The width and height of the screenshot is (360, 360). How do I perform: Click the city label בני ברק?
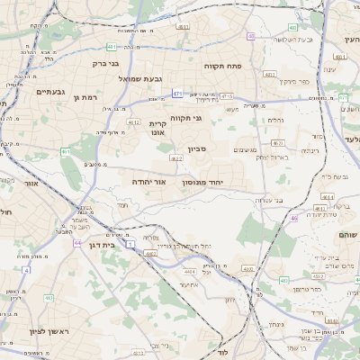coord(105,64)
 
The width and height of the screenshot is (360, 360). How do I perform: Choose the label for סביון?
coord(198,149)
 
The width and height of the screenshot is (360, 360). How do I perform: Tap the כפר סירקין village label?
coord(292,81)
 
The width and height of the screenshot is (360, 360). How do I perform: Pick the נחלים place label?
coord(277,120)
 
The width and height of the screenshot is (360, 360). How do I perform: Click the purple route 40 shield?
coord(251,37)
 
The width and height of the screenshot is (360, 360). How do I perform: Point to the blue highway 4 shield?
coord(26,269)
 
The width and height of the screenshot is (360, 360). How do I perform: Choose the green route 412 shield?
coord(49,297)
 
